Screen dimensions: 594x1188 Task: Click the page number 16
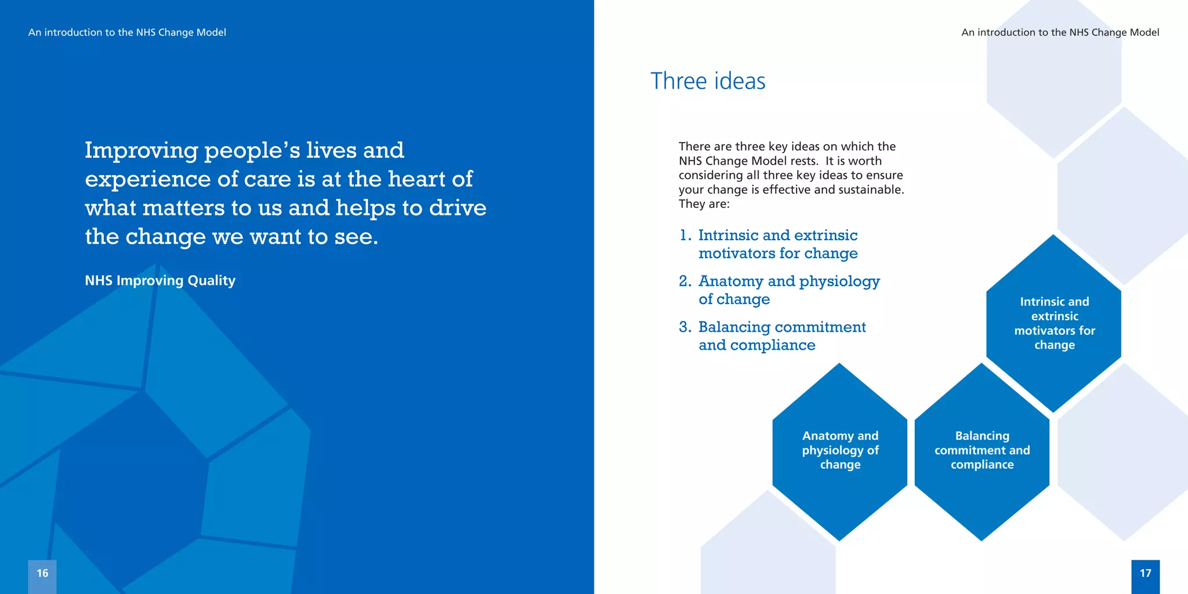42,573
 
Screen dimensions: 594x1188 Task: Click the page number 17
1145,573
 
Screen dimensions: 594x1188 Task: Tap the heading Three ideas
708,81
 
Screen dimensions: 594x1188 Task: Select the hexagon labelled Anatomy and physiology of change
840,451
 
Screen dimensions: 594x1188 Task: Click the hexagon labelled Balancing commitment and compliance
982,451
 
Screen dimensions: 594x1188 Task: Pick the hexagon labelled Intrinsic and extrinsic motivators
1054,323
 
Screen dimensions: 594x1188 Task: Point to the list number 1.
685,236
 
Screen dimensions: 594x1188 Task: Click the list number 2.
685,281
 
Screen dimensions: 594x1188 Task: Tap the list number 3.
685,327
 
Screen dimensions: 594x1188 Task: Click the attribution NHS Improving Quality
160,281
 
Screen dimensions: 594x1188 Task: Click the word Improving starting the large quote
142,151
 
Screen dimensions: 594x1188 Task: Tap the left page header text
127,32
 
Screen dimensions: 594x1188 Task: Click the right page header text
1060,32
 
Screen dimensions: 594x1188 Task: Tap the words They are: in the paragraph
704,204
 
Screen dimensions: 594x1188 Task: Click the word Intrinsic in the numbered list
728,236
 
